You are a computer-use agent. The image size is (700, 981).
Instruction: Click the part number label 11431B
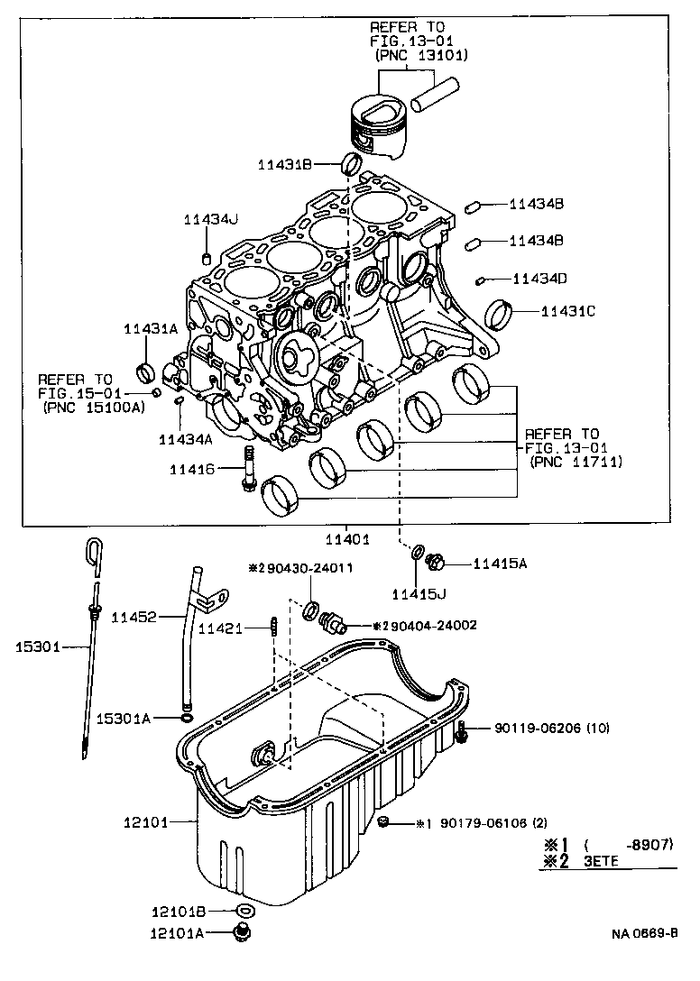[x=284, y=164]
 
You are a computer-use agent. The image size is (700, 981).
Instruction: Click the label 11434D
[x=539, y=279]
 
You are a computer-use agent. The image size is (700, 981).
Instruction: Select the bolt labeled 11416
[x=248, y=469]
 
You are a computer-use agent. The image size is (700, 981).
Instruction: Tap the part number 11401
[x=347, y=539]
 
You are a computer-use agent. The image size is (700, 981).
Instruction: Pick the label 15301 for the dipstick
[x=39, y=646]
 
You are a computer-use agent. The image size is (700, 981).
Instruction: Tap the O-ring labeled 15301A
[x=186, y=718]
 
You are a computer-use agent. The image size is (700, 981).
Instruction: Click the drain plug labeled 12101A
[x=241, y=934]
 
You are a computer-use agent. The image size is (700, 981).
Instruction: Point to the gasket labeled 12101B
[x=243, y=911]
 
